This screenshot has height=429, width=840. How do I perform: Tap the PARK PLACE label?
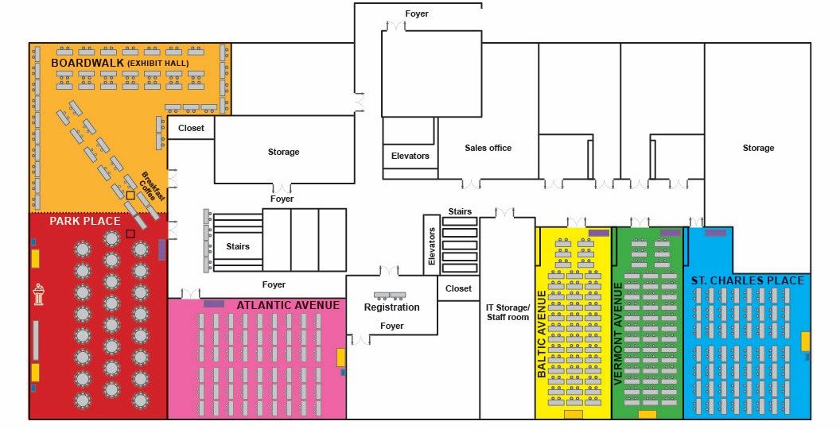(x=85, y=221)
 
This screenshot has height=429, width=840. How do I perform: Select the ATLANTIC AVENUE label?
(x=288, y=305)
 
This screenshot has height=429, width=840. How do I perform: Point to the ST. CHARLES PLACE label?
(x=747, y=280)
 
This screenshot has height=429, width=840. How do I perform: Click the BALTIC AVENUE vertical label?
(x=542, y=334)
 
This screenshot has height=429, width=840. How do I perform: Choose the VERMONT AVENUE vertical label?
(x=618, y=334)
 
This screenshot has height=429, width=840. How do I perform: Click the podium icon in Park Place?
(x=38, y=294)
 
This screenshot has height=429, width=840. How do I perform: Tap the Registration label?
(x=391, y=307)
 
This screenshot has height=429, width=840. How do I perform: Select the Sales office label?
(x=488, y=149)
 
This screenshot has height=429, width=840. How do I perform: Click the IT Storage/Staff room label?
(x=507, y=312)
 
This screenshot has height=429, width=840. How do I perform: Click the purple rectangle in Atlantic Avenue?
(x=214, y=303)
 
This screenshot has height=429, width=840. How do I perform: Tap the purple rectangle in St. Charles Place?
(x=715, y=233)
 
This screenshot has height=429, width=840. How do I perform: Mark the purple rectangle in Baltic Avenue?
(x=599, y=233)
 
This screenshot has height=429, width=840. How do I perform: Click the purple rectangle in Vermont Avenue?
(x=671, y=233)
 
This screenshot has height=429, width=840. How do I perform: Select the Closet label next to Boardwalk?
(x=191, y=129)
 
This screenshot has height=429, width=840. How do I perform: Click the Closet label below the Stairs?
(x=458, y=288)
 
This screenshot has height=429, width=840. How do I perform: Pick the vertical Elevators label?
(x=432, y=246)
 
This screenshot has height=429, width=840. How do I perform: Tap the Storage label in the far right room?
(x=758, y=149)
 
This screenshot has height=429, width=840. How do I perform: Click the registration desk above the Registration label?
(x=390, y=296)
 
